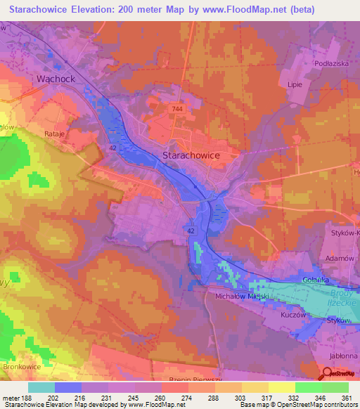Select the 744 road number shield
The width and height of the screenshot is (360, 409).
tap(177, 110)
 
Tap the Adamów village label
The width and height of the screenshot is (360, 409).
tap(337, 259)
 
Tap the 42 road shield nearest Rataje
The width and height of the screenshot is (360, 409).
tap(113, 148)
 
